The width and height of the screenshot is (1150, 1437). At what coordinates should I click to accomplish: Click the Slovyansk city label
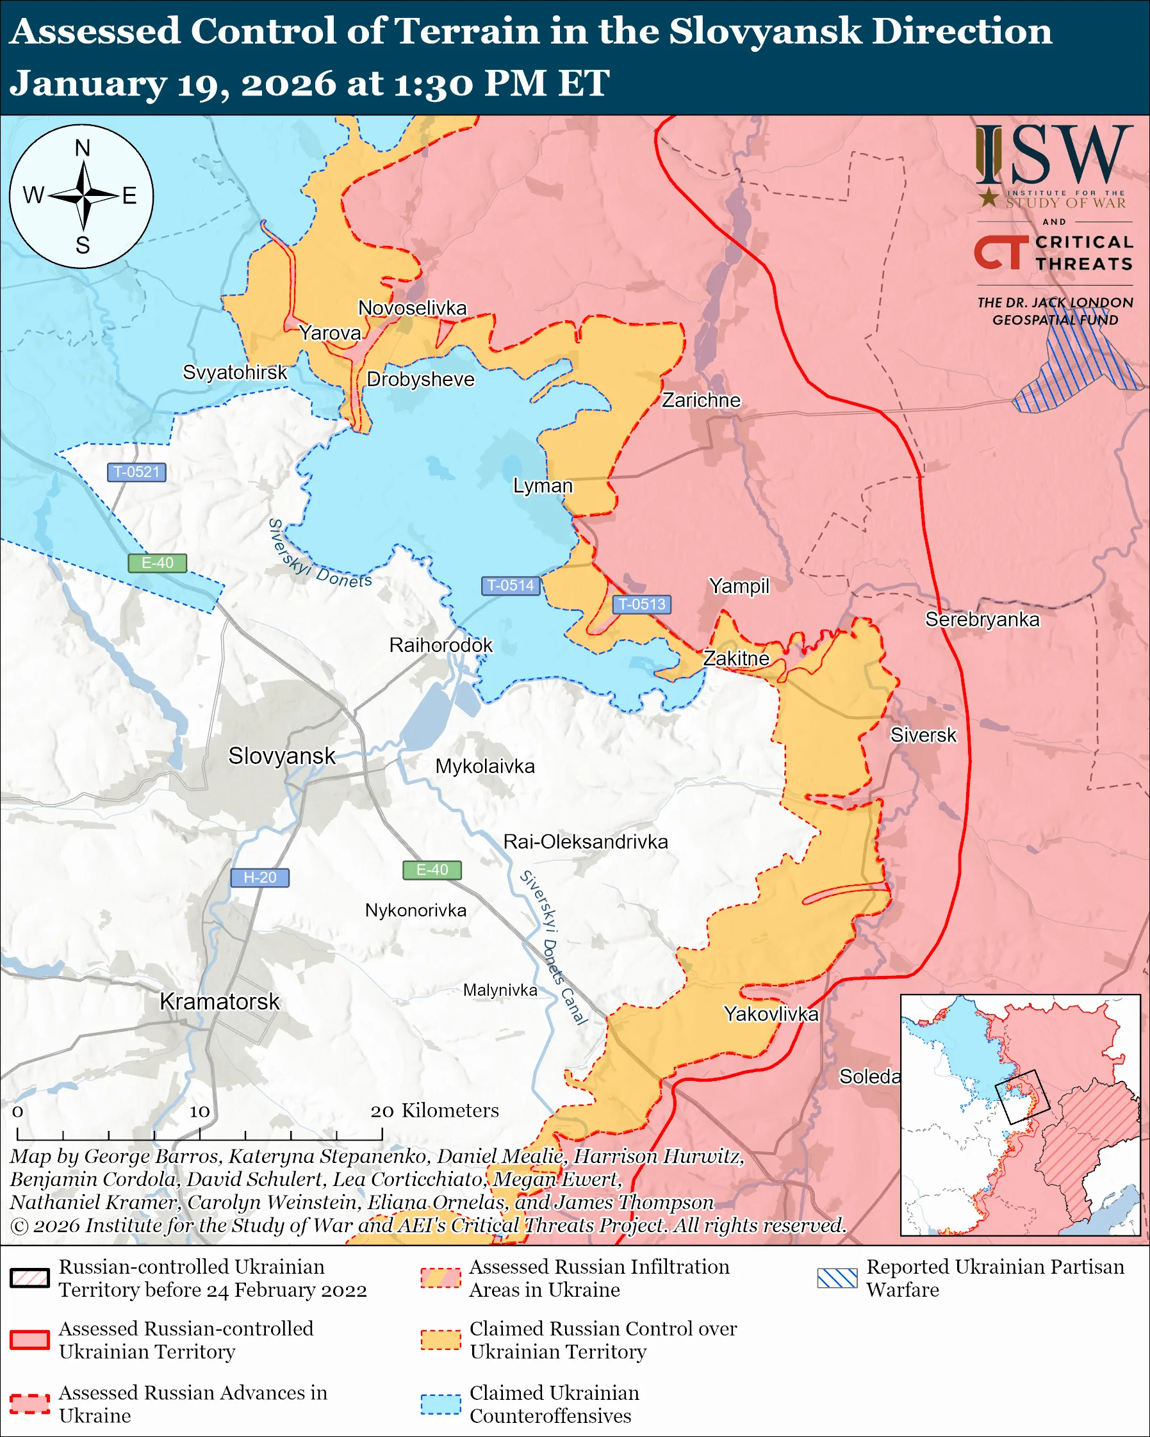click(x=281, y=756)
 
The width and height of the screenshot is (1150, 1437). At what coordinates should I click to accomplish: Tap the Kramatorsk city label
click(x=219, y=1002)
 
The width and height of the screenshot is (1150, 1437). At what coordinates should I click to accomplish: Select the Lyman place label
click(x=543, y=486)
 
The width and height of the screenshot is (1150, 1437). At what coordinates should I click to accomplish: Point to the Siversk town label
click(x=923, y=735)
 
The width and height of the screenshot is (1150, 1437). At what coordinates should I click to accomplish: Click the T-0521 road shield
click(x=136, y=473)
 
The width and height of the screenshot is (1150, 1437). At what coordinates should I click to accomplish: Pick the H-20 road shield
click(x=259, y=878)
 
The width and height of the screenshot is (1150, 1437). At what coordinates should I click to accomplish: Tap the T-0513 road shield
click(x=641, y=605)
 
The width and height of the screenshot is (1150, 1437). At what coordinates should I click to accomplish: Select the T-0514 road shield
click(x=510, y=586)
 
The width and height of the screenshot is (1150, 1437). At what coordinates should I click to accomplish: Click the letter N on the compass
click(x=82, y=148)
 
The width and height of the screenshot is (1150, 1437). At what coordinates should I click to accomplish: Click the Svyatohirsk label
click(x=234, y=373)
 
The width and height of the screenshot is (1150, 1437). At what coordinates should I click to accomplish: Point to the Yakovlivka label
click(x=771, y=1014)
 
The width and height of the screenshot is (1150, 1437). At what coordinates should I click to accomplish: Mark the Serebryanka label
click(x=982, y=619)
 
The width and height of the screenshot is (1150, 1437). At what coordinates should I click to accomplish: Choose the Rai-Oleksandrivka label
click(x=586, y=842)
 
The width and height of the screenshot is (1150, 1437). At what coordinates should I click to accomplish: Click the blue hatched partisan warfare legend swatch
click(x=837, y=1278)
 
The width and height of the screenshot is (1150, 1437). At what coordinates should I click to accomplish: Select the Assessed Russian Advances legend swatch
click(x=30, y=1404)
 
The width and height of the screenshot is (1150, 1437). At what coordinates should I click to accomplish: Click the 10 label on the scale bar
click(x=199, y=1111)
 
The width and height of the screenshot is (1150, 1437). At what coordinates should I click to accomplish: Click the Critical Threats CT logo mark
click(x=1000, y=252)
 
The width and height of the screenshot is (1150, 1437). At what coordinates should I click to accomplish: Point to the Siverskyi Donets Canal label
click(x=554, y=947)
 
